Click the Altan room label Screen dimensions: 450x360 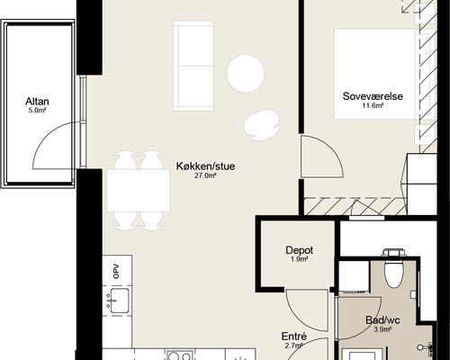(x=37, y=102)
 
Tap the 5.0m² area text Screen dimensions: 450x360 (x=37, y=111)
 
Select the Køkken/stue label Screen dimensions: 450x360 (x=205, y=166)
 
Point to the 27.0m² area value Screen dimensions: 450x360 (x=205, y=175)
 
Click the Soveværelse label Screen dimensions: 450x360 (x=373, y=96)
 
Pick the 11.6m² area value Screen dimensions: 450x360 (x=373, y=105)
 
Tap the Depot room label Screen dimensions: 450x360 (x=299, y=250)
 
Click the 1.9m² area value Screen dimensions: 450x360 (x=299, y=259)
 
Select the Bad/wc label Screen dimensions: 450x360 (x=382, y=320)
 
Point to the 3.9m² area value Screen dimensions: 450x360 (x=382, y=329)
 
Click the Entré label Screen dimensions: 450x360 (x=294, y=337)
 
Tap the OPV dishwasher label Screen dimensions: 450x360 (x=117, y=271)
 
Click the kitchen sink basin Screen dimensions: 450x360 (x=120, y=301)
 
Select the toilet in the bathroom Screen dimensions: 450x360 (x=393, y=268)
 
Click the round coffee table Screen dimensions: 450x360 (x=246, y=73)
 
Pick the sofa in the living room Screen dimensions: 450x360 (x=193, y=66)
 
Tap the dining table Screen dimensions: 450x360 (x=139, y=191)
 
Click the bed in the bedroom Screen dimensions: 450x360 (x=376, y=74)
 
